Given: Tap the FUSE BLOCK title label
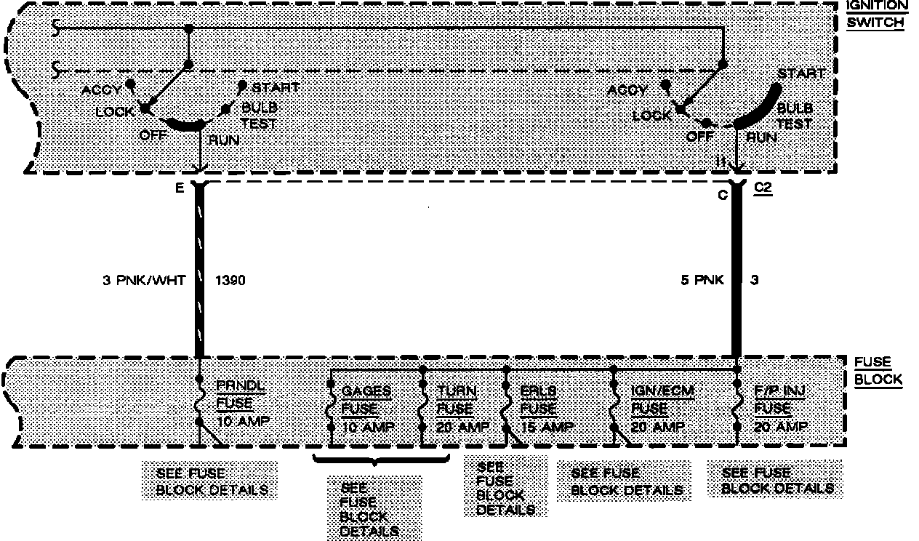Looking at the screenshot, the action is tap(878, 370).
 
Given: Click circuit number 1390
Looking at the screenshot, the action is tap(230, 280).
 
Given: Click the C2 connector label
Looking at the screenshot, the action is tap(763, 188).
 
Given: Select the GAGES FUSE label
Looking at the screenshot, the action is tap(366, 399).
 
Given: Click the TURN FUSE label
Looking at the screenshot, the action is tap(457, 399).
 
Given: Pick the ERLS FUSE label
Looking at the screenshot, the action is tap(539, 399).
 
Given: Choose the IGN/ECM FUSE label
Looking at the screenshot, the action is tap(662, 399).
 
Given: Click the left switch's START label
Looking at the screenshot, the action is tap(276, 88).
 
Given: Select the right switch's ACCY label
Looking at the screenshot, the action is tap(627, 90).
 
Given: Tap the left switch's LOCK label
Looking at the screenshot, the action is tap(115, 112).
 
